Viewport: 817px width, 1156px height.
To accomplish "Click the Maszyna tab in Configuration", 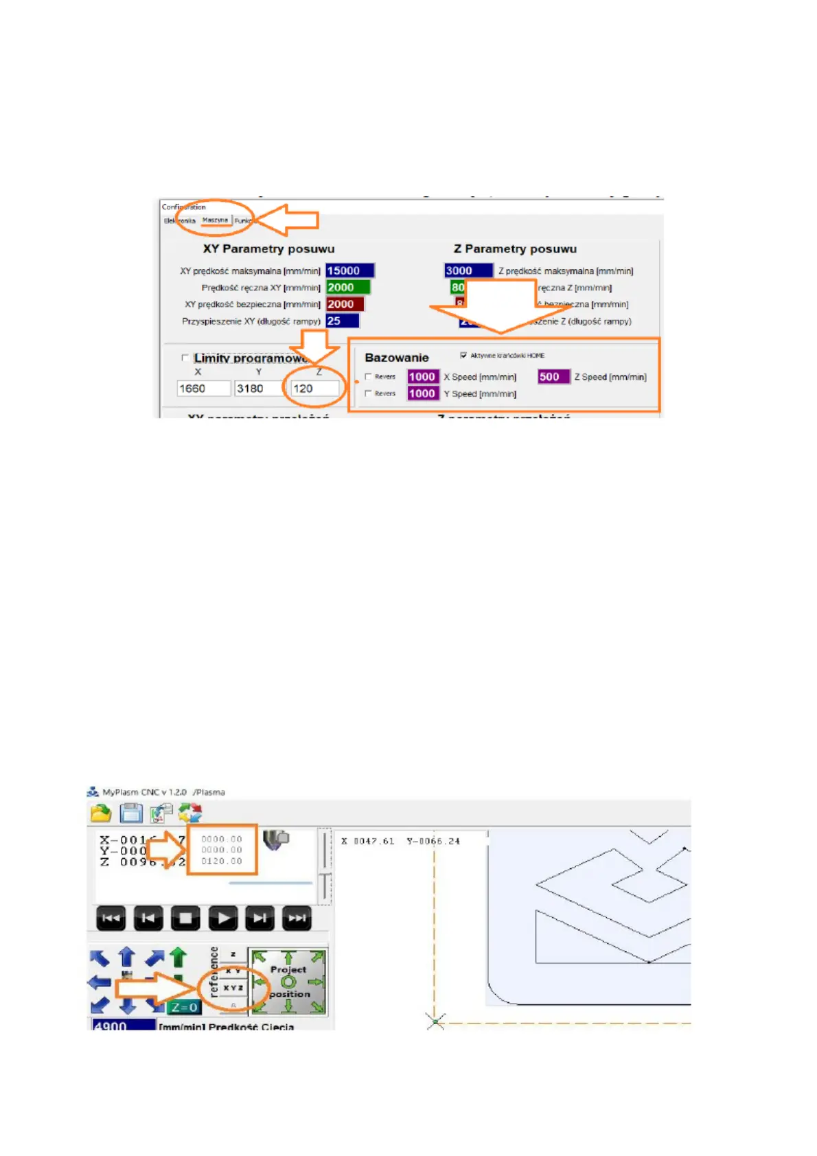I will [x=215, y=220].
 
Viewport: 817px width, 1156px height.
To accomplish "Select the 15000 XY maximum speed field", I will [x=349, y=271].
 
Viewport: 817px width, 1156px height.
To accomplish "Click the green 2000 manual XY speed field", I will [x=347, y=288].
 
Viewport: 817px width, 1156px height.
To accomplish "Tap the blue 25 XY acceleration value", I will [x=342, y=321].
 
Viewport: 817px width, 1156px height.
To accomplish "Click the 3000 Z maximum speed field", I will [x=468, y=271].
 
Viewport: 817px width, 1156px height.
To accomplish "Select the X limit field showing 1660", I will [x=203, y=389].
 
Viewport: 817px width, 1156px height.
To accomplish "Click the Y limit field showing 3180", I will [x=259, y=389].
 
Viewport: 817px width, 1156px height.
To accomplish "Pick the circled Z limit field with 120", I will [x=314, y=389].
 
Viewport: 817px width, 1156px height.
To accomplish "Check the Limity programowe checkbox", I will [x=185, y=358].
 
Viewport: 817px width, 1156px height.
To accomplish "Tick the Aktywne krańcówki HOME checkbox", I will [x=463, y=355].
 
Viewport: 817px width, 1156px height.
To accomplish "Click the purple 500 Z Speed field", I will [x=553, y=377].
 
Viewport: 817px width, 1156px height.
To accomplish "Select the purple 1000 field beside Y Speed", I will [x=422, y=393].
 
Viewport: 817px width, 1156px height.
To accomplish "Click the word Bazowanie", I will [x=396, y=358].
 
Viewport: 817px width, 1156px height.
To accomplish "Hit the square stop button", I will [x=185, y=918].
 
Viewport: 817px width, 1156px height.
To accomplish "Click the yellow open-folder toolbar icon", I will [x=101, y=813].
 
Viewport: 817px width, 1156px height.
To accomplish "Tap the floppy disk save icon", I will [x=131, y=813].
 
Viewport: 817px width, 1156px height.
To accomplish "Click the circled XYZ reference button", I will [x=233, y=988].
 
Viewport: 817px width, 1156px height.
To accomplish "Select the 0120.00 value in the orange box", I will [x=222, y=861].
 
